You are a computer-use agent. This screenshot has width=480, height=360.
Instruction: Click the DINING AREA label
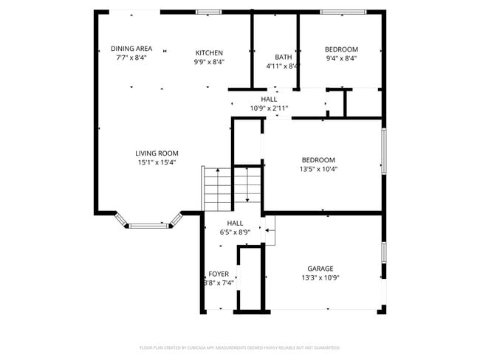coord(131,49)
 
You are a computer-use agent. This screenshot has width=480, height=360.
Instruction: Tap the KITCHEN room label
coord(209,52)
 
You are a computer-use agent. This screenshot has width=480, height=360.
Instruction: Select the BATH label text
coord(283,57)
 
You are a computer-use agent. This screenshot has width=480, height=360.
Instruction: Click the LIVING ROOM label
coord(157,153)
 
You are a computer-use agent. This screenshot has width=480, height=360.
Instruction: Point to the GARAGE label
coord(320,269)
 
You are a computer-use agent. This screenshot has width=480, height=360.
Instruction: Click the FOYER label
coord(219,274)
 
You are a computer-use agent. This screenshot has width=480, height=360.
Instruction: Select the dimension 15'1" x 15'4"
coord(157,162)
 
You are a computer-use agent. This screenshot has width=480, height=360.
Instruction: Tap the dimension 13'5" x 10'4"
coord(318,168)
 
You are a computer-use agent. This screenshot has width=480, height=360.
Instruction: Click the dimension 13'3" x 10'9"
coord(320,277)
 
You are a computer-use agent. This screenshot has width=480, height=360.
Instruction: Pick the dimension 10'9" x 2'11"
coord(269,108)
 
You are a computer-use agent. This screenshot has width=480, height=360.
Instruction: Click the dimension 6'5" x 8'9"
coord(235,232)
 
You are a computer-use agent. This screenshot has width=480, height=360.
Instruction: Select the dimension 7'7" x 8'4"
coord(131,58)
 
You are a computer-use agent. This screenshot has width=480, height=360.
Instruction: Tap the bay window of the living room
coord(148,223)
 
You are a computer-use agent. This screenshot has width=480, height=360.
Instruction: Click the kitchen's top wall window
coord(209,12)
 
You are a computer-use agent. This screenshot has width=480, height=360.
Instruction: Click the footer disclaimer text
coord(239,347)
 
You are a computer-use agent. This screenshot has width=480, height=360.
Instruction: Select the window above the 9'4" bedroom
coord(343,12)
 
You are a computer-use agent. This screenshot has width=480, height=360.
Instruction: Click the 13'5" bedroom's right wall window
coord(383,151)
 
